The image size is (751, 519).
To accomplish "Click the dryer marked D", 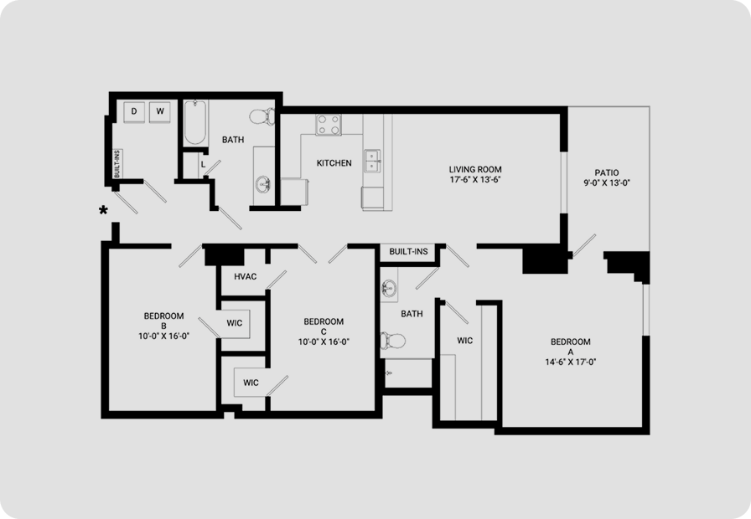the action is point(134,112).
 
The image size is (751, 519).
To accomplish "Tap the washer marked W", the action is point(160,112).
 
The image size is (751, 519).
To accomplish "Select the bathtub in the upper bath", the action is point(195,122).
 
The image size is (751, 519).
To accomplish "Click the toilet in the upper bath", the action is point(262,116).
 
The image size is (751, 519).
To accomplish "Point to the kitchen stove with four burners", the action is point(329,125).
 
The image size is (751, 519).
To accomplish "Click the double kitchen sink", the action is point(373,161).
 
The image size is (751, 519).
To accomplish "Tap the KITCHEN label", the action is point(334,163).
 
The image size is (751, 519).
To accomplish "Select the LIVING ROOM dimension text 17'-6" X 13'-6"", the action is point(475,180).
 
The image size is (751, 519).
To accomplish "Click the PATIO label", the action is point(607,172).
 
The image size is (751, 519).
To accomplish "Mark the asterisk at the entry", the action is point(103,210).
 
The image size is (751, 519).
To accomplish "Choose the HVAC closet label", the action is point(246,276).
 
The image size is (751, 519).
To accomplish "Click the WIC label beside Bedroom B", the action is point(234,323).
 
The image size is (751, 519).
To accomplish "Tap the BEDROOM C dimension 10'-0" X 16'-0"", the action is point(324,342).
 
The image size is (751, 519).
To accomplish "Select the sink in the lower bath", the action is point(388,289).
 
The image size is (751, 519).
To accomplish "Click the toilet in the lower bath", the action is point(393,341).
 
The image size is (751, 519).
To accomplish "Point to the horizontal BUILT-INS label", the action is point(408,252).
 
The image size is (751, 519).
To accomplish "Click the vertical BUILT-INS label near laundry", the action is point(117,164).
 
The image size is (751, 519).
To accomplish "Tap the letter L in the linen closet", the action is point(203,165).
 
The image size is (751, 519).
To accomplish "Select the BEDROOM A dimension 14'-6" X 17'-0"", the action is point(571,362).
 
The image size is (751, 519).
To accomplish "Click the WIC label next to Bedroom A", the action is point(464,341).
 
